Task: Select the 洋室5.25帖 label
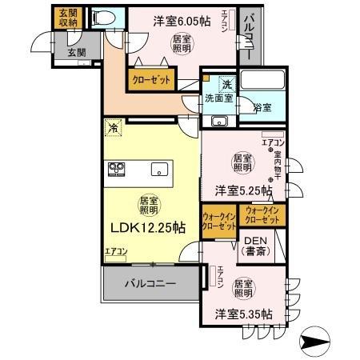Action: point(242,191)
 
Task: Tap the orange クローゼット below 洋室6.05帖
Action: point(149,80)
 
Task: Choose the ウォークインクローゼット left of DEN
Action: point(219,222)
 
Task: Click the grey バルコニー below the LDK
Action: point(149,283)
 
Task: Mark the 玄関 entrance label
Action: point(77,53)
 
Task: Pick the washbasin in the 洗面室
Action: point(219,121)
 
